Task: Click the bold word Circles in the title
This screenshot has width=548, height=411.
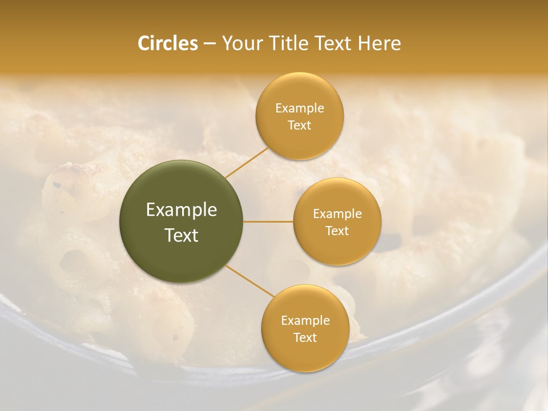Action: click(x=167, y=43)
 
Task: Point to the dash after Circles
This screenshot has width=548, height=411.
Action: click(x=209, y=44)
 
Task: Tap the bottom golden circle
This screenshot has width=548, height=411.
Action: click(x=305, y=354)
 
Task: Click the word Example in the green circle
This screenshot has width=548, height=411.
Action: click(x=182, y=210)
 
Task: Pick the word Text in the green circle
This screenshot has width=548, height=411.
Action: click(x=182, y=235)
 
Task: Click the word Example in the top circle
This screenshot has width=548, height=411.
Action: click(x=299, y=108)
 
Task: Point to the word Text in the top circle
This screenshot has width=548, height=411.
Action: click(x=299, y=126)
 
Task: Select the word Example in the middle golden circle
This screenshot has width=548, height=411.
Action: click(x=337, y=214)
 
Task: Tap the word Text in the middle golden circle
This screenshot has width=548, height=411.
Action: click(x=337, y=231)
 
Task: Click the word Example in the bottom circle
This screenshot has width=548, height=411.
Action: click(x=305, y=321)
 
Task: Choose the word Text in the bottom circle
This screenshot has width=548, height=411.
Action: click(x=305, y=338)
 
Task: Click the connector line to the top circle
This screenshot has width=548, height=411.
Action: click(x=247, y=163)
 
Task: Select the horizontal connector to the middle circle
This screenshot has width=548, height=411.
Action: click(x=268, y=221)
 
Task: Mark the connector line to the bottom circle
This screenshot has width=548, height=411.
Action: click(x=249, y=280)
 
